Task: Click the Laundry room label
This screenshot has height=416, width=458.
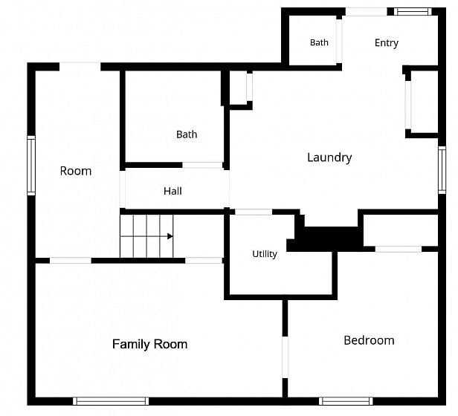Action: [x=329, y=157]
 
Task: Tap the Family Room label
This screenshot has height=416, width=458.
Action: [x=150, y=344]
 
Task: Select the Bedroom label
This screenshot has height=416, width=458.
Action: [x=369, y=340]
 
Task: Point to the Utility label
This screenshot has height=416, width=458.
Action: [x=265, y=254]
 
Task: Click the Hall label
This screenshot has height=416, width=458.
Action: [x=172, y=191]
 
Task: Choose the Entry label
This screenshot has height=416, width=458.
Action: [x=387, y=43]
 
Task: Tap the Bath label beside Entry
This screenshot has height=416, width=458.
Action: [x=319, y=42]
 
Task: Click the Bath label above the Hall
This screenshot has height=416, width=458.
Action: [x=187, y=134]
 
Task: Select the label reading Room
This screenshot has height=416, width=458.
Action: [x=76, y=171]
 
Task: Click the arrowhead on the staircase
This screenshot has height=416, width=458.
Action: [x=170, y=236]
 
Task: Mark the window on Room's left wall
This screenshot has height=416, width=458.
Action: [x=31, y=166]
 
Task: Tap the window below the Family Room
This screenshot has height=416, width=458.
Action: [x=111, y=401]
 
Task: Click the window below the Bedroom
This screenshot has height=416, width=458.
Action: [x=346, y=401]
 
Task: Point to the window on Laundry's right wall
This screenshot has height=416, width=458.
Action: [x=442, y=170]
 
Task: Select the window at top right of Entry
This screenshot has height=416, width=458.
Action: [x=413, y=12]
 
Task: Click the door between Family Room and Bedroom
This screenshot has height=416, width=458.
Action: [x=285, y=357]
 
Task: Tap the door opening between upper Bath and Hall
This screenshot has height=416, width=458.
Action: [x=203, y=165]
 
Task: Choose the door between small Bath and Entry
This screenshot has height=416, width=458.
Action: [x=339, y=41]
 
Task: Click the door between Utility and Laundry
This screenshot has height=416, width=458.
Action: [x=254, y=212]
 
